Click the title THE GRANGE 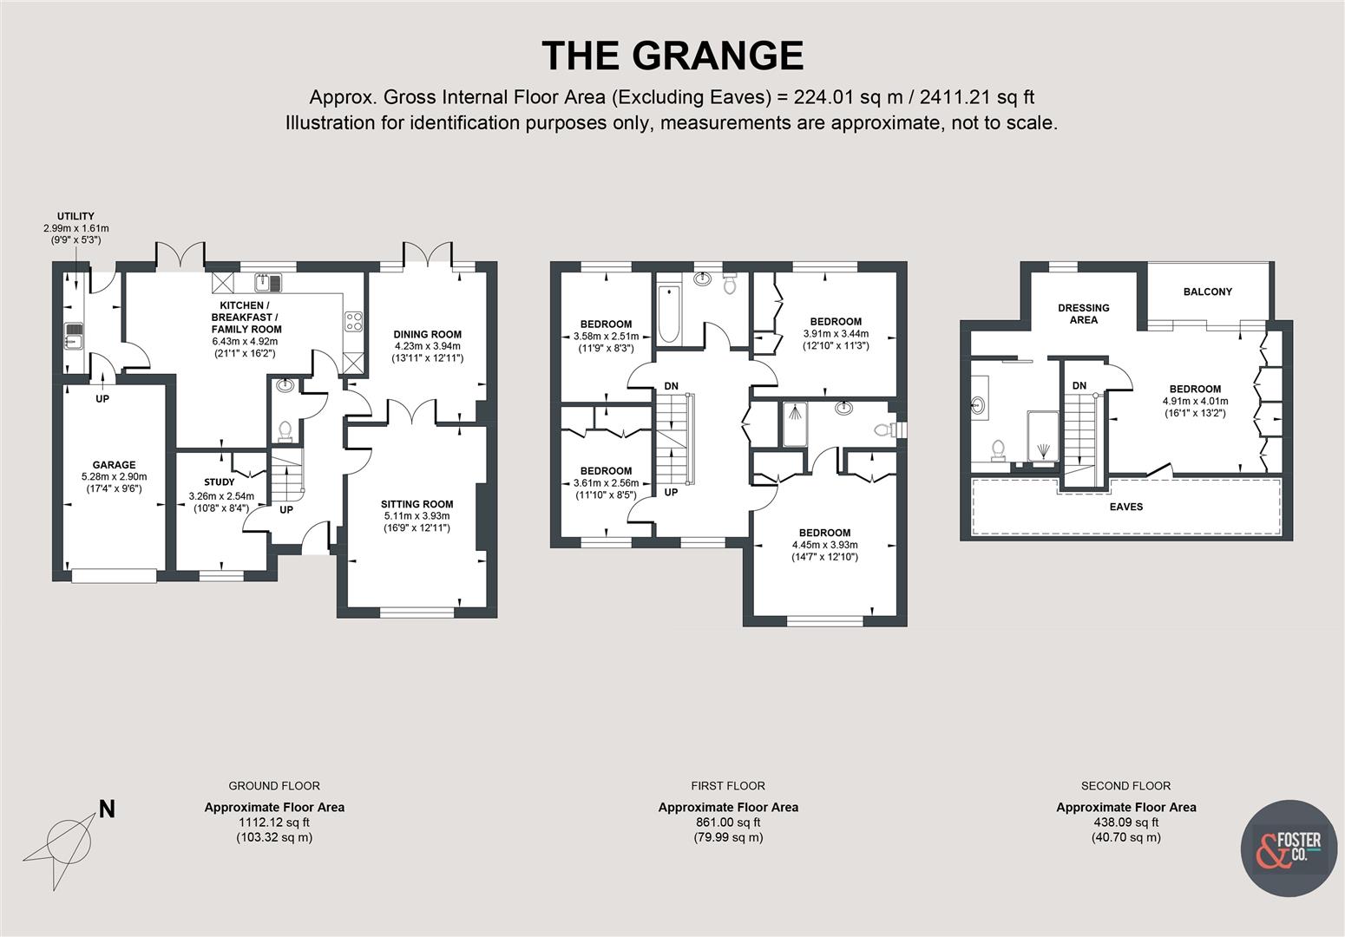[x=672, y=56]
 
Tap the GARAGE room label [x=115, y=465]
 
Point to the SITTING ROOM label [x=417, y=504]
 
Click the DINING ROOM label [x=427, y=334]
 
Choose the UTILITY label [x=75, y=217]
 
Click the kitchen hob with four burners [x=353, y=322]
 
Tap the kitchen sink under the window [x=268, y=282]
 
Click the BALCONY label [x=1207, y=292]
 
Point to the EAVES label [x=1126, y=507]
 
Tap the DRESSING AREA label [x=1083, y=313]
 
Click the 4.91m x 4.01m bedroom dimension [x=1195, y=402]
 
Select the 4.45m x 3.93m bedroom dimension [x=824, y=545]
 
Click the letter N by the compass [x=107, y=809]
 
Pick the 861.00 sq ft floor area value [x=727, y=822]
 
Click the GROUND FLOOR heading [x=274, y=786]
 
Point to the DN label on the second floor [x=1079, y=386]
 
